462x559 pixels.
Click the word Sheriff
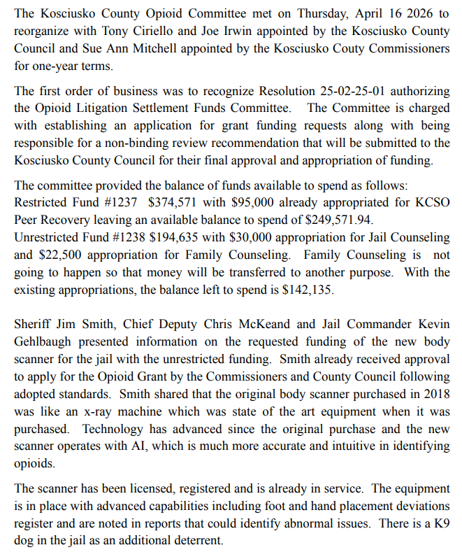(x=33, y=327)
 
